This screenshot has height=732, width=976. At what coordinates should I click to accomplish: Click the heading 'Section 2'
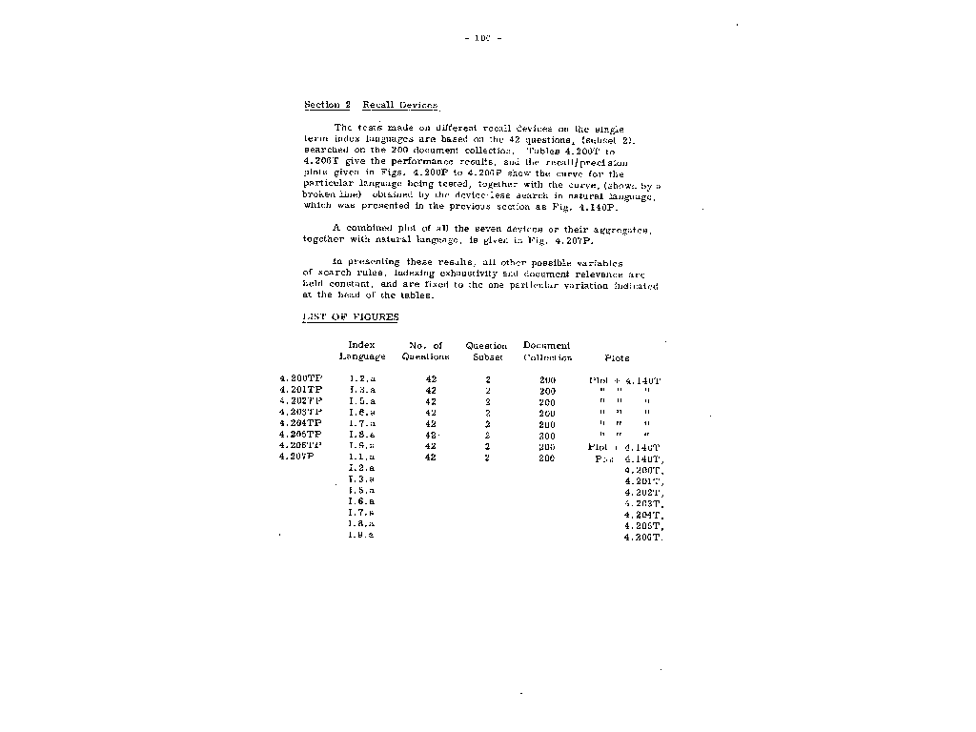pyautogui.click(x=327, y=105)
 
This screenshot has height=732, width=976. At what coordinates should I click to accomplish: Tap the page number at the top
pyautogui.click(x=481, y=38)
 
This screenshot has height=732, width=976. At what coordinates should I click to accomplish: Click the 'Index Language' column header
pyautogui.click(x=362, y=351)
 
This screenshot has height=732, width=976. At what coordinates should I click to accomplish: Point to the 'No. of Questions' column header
pyautogui.click(x=425, y=351)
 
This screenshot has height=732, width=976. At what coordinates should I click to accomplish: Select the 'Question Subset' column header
pyautogui.click(x=486, y=351)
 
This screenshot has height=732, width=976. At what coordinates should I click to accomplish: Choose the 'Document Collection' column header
pyautogui.click(x=547, y=351)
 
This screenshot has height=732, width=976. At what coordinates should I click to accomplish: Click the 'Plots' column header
pyautogui.click(x=617, y=358)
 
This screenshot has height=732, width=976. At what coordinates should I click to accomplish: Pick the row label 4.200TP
pyautogui.click(x=300, y=380)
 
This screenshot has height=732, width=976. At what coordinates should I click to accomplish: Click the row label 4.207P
pyautogui.click(x=296, y=457)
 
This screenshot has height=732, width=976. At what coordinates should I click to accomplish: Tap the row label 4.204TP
pyautogui.click(x=300, y=423)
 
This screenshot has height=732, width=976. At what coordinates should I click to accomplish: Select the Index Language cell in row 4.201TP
pyautogui.click(x=362, y=391)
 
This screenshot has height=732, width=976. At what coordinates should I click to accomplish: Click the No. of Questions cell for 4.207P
pyautogui.click(x=431, y=457)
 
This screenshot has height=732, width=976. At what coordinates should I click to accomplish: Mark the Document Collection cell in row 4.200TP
pyautogui.click(x=547, y=380)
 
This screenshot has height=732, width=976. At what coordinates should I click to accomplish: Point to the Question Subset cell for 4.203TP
pyautogui.click(x=487, y=413)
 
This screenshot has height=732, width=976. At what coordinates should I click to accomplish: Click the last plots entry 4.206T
pyautogui.click(x=643, y=538)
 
